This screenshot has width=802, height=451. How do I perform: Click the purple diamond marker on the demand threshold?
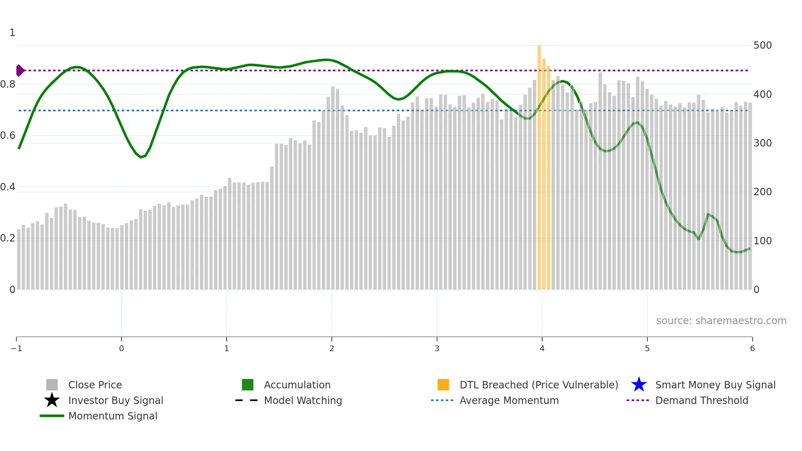tap(20, 70)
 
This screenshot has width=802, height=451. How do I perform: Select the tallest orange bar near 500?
tap(539, 164)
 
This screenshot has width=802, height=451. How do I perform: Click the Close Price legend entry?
tap(95, 385)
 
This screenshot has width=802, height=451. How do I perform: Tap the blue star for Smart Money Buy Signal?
tap(639, 385)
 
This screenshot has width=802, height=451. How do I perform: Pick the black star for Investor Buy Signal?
tap(52, 400)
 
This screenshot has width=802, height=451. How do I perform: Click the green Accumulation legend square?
tap(248, 385)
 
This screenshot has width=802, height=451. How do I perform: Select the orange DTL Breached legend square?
tap(443, 385)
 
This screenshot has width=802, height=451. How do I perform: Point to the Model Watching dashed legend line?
tap(246, 400)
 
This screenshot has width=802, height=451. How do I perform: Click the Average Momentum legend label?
tap(509, 400)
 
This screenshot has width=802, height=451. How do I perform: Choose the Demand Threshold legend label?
tap(701, 400)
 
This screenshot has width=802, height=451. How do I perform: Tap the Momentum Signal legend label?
tap(113, 416)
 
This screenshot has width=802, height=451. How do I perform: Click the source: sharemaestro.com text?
tap(721, 320)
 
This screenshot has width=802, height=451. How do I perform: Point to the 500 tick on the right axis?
tap(762, 45)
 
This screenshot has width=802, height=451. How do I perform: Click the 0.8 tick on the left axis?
tap(8, 84)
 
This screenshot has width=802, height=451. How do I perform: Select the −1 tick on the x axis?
tap(16, 348)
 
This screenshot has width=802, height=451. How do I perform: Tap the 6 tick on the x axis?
tap(752, 348)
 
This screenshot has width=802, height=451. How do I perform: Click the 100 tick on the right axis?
tap(762, 241)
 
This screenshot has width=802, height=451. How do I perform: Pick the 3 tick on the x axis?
tap(437, 348)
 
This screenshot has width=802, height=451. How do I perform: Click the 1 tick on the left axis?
tap(12, 32)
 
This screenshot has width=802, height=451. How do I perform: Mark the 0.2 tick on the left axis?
tap(8, 238)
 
